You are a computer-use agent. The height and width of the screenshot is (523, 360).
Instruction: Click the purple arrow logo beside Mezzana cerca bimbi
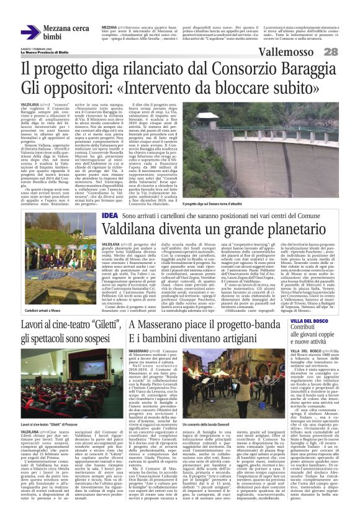[30, 32]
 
